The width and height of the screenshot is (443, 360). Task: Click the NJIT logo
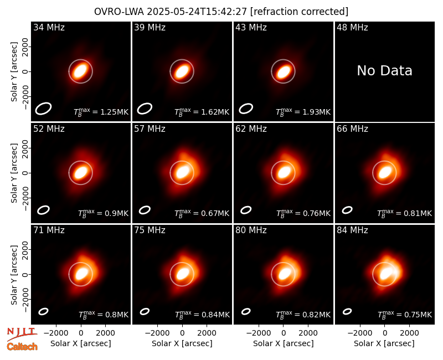(22, 333)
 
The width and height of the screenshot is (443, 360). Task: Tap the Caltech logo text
(22, 347)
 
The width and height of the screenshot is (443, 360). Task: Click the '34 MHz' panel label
(49, 27)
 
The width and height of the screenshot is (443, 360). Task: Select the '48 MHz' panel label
(352, 27)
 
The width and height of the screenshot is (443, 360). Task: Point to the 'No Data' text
(384, 71)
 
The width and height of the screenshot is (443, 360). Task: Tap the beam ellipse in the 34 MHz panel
(43, 109)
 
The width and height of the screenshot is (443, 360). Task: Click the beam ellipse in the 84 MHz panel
(347, 311)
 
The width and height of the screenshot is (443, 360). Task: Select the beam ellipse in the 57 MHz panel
(145, 210)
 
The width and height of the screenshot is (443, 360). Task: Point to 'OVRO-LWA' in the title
(119, 12)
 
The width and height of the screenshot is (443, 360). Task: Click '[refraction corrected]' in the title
(300, 12)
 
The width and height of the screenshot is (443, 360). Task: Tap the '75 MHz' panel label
(150, 230)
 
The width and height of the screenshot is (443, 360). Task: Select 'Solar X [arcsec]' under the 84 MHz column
(384, 343)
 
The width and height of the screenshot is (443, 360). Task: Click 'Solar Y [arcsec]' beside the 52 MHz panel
(14, 173)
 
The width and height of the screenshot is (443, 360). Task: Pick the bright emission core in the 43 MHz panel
(284, 72)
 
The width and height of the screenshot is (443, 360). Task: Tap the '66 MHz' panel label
(352, 129)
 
